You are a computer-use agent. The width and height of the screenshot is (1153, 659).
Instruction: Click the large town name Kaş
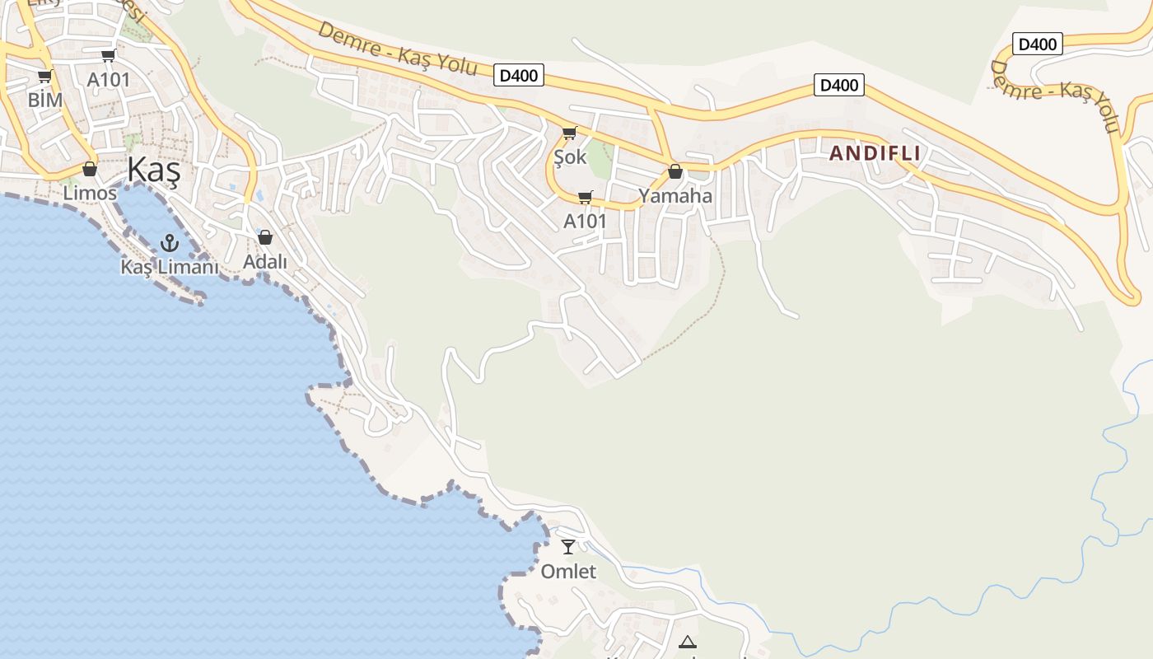153,171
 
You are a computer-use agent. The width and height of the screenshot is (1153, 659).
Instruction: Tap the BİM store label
45,100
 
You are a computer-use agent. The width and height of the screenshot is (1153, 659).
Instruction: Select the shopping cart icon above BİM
44,77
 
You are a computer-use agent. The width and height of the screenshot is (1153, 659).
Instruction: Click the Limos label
90,193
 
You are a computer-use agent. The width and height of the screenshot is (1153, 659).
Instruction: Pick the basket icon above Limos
90,169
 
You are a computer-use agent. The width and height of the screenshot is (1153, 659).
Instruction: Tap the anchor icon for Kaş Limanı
170,243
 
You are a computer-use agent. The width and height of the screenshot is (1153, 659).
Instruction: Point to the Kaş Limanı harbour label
170,267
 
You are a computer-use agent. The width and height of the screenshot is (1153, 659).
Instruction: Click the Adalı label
265,261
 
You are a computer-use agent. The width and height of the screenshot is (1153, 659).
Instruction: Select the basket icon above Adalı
265,237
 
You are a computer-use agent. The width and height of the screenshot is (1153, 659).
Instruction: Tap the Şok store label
570,157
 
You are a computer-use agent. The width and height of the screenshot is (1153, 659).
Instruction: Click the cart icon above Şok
569,133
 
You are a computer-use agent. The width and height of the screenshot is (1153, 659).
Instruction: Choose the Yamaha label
675,196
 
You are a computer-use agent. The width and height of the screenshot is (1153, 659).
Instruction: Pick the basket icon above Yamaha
675,171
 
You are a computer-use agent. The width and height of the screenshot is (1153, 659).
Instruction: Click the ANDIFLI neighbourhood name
875,153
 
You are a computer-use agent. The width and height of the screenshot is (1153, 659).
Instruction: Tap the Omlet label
568,571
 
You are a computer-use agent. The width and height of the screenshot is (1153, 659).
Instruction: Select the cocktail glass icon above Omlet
568,547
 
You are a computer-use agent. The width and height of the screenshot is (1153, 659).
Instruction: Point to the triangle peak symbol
687,642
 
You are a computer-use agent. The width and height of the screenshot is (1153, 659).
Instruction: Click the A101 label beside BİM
109,80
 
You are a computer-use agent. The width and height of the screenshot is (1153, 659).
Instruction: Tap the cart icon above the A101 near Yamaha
585,197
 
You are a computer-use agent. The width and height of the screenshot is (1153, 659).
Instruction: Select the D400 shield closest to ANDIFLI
839,85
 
